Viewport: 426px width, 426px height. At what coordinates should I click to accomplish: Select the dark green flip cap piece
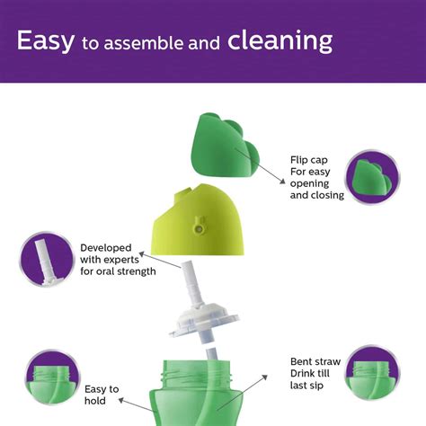(x=225, y=144)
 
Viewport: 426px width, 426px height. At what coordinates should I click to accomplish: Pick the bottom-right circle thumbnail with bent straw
(x=372, y=372)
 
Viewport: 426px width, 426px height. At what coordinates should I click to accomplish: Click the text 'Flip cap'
(x=308, y=159)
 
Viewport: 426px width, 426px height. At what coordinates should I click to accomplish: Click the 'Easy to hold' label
(x=102, y=395)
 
